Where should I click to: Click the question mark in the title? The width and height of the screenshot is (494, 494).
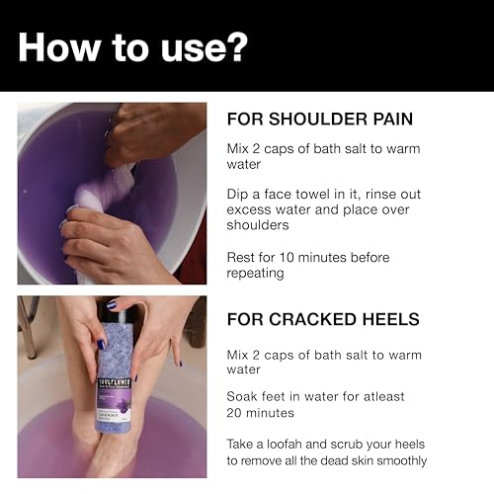click(x=235, y=46)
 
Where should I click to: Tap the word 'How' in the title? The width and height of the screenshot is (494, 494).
click(x=58, y=46)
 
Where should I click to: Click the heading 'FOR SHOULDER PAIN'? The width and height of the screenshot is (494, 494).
click(x=320, y=119)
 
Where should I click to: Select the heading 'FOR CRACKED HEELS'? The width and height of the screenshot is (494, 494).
click(x=323, y=319)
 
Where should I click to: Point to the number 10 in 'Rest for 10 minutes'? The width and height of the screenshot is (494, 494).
click(x=287, y=257)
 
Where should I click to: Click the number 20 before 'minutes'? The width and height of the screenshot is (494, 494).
click(x=234, y=413)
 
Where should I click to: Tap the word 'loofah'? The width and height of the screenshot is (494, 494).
click(x=285, y=444)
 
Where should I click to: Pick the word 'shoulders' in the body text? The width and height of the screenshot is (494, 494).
click(x=258, y=225)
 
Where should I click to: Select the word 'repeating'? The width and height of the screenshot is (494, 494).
click(x=255, y=274)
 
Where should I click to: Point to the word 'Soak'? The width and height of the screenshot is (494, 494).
click(x=242, y=396)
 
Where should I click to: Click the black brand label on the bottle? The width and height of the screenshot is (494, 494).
click(x=115, y=383)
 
